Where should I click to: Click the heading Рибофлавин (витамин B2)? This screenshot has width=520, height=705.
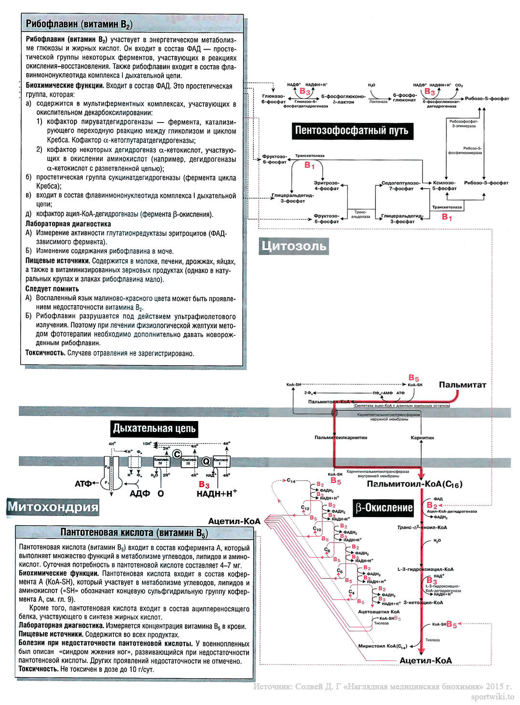(x=79, y=24)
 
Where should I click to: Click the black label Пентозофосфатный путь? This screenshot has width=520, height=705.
(x=352, y=130)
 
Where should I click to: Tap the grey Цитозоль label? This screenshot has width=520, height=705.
(x=294, y=246)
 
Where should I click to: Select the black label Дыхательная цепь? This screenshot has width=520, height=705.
(x=154, y=428)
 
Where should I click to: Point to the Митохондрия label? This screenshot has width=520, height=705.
(x=53, y=506)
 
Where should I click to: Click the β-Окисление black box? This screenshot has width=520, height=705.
(x=384, y=507)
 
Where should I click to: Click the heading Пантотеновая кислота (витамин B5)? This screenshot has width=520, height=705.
(x=134, y=533)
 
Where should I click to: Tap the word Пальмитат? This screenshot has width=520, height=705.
(x=462, y=385)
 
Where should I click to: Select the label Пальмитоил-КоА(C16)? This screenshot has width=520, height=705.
(x=414, y=484)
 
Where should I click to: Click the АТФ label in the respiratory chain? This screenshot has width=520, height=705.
(x=83, y=483)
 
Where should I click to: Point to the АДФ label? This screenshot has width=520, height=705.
(x=139, y=493)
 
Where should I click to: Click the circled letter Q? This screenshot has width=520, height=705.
(x=206, y=461)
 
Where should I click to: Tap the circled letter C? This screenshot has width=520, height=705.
(x=177, y=454)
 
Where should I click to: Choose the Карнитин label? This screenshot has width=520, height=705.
(x=422, y=437)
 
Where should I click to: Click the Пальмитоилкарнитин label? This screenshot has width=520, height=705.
(x=341, y=437)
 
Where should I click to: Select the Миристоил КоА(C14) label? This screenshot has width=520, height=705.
(x=383, y=646)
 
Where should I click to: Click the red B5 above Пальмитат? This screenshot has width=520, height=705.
(x=414, y=378)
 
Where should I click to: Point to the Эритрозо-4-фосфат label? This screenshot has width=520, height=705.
(x=327, y=186)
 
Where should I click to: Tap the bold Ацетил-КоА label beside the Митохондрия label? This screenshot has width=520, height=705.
(x=234, y=521)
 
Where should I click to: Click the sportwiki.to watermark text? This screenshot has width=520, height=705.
(x=493, y=697)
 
